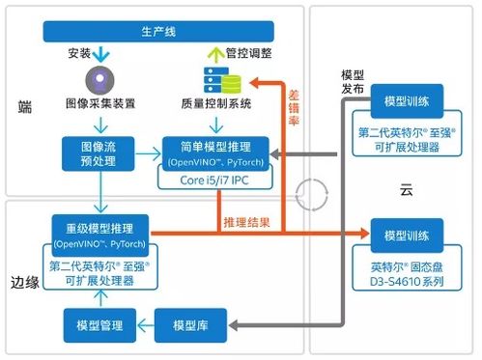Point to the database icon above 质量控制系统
coord(217,79)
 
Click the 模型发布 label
coord(353,81)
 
